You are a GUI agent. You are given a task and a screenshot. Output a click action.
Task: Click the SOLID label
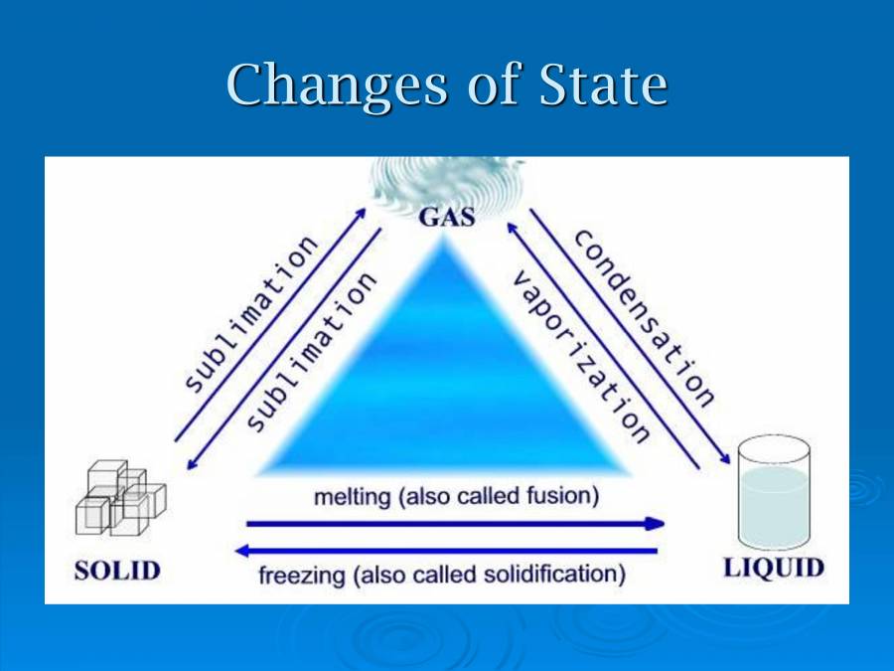[x=116, y=571]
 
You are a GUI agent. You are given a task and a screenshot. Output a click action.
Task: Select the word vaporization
[x=581, y=356]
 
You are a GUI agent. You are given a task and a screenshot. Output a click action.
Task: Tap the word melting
[x=352, y=496]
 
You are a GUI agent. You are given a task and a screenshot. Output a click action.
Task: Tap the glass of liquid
[x=775, y=498]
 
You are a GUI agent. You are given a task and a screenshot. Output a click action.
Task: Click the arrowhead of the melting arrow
[x=656, y=523]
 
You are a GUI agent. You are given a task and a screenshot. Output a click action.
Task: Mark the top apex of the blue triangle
[x=447, y=241]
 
